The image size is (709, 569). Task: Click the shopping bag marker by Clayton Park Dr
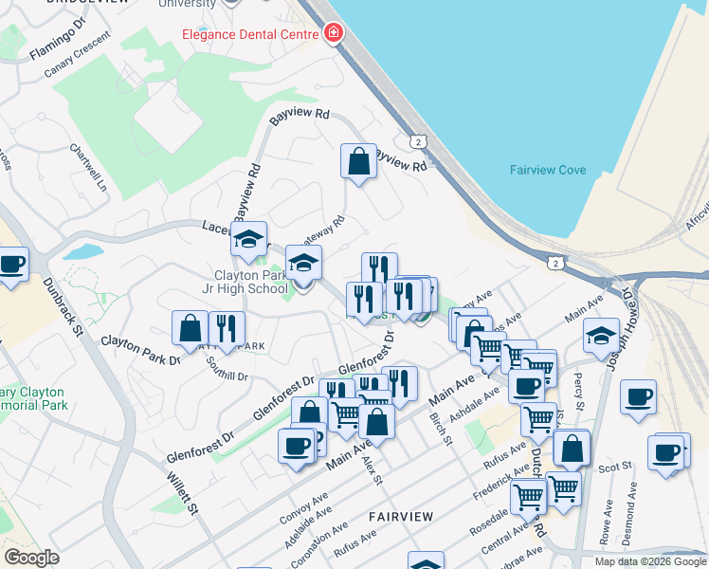click(190, 328)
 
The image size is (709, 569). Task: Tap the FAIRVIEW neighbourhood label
click(401, 517)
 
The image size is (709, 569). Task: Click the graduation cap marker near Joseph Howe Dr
click(601, 335)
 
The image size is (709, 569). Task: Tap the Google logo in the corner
click(31, 558)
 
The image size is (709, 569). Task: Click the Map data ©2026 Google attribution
click(650, 561)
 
